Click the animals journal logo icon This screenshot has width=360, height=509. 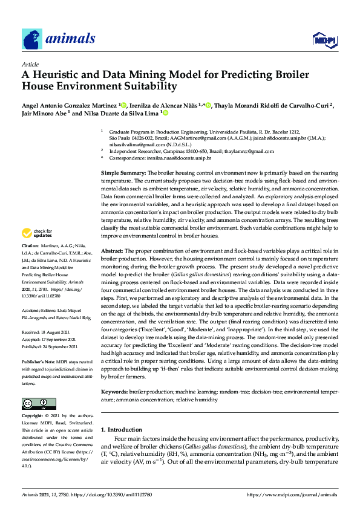pos(32,39)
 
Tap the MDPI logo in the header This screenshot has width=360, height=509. pos(324,41)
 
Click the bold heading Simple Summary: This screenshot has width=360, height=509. pos(123,173)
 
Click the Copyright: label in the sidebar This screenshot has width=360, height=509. pos(33,416)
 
